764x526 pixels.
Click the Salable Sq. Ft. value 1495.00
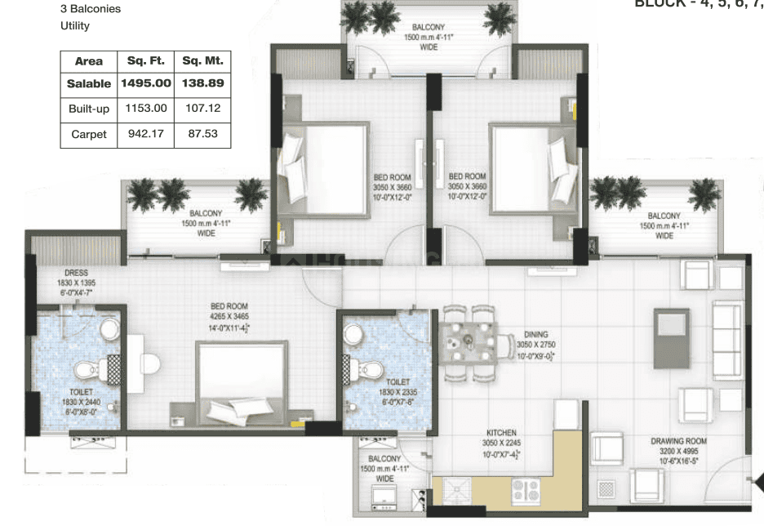[x=146, y=83]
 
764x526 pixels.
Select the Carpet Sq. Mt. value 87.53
[x=202, y=133]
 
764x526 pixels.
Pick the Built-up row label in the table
[x=88, y=108]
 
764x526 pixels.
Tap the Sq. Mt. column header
[x=202, y=60]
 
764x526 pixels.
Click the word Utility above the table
[x=75, y=26]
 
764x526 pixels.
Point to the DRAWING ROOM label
[x=678, y=441]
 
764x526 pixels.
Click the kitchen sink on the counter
[x=460, y=491]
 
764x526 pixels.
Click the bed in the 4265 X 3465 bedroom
[x=242, y=380]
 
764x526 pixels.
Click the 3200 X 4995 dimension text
[x=678, y=451]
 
